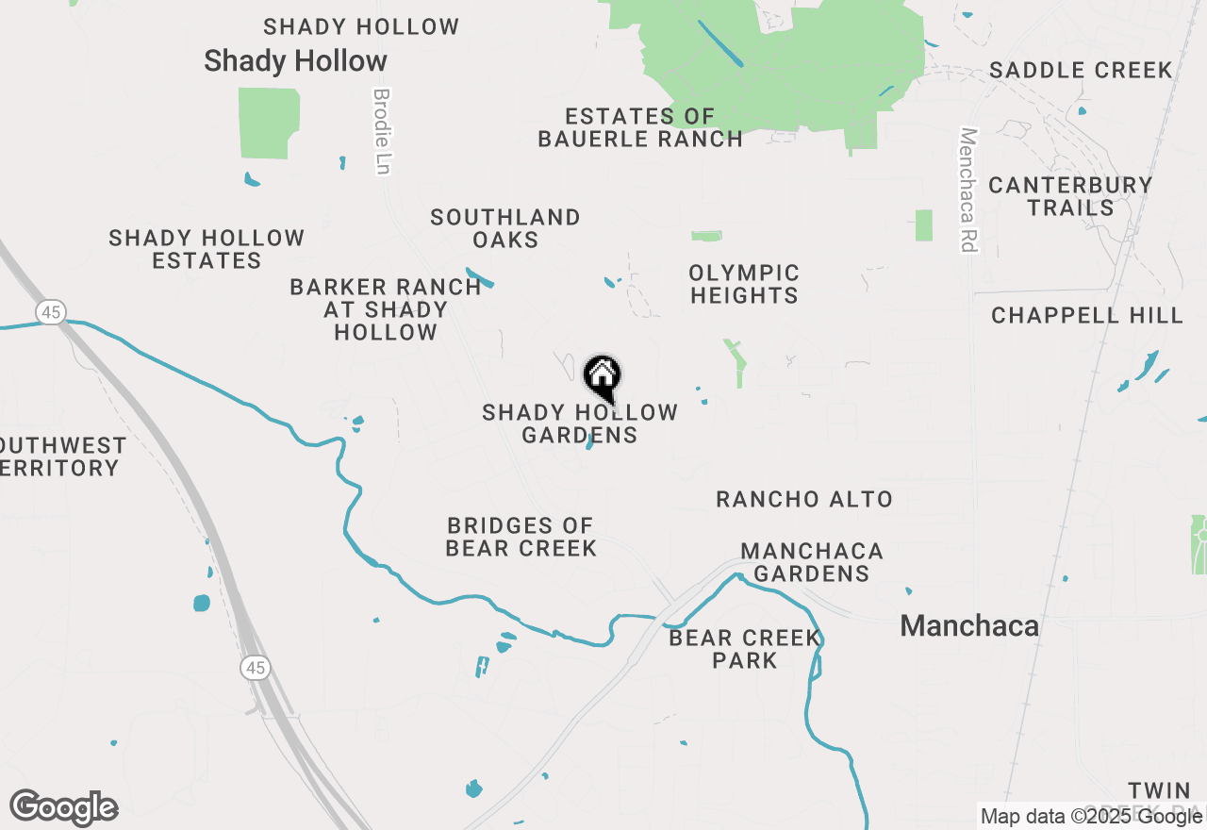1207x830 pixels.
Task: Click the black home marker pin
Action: click(602, 376)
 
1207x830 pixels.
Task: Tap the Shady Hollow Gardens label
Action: click(580, 423)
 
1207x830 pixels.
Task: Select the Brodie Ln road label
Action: click(382, 131)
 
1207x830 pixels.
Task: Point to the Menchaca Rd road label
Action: click(967, 190)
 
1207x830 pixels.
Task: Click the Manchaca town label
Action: click(969, 625)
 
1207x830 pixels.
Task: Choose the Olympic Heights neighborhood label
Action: click(744, 284)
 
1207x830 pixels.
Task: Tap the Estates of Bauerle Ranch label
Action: click(640, 127)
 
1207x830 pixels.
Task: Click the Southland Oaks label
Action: click(505, 228)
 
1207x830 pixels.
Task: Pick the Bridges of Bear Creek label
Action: click(521, 537)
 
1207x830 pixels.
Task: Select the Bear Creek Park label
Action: click(745, 649)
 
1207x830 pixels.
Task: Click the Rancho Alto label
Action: click(804, 499)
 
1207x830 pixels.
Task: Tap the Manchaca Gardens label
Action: click(812, 561)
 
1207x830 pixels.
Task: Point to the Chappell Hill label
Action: click(1087, 315)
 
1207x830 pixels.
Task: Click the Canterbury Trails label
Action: click(1070, 195)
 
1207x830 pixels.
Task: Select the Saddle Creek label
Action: click(1081, 70)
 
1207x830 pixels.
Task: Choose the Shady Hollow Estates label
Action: click(207, 249)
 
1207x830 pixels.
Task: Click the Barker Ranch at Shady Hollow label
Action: click(386, 309)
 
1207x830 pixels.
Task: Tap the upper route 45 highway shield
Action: click(51, 311)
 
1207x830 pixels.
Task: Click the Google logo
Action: click(63, 808)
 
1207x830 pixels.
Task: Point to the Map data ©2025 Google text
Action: click(1090, 817)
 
